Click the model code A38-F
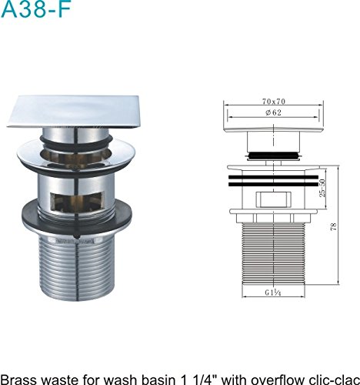36,9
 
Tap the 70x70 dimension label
274,102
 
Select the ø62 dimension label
273,112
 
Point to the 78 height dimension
334,226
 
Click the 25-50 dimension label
322,188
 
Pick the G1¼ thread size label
273,293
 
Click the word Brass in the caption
18,380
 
